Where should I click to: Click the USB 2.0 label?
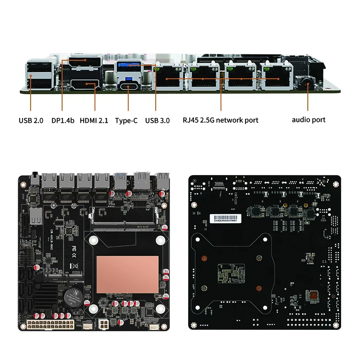click(31, 120)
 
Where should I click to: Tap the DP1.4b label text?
click(63, 120)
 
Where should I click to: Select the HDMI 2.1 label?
click(94, 120)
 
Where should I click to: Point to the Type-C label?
click(126, 120)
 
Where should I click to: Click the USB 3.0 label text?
click(157, 120)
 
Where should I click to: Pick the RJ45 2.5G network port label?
click(220, 120)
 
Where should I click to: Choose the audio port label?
click(308, 120)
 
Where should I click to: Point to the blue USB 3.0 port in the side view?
click(129, 67)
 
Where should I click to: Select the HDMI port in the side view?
click(85, 85)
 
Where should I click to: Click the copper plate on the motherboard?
click(128, 274)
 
